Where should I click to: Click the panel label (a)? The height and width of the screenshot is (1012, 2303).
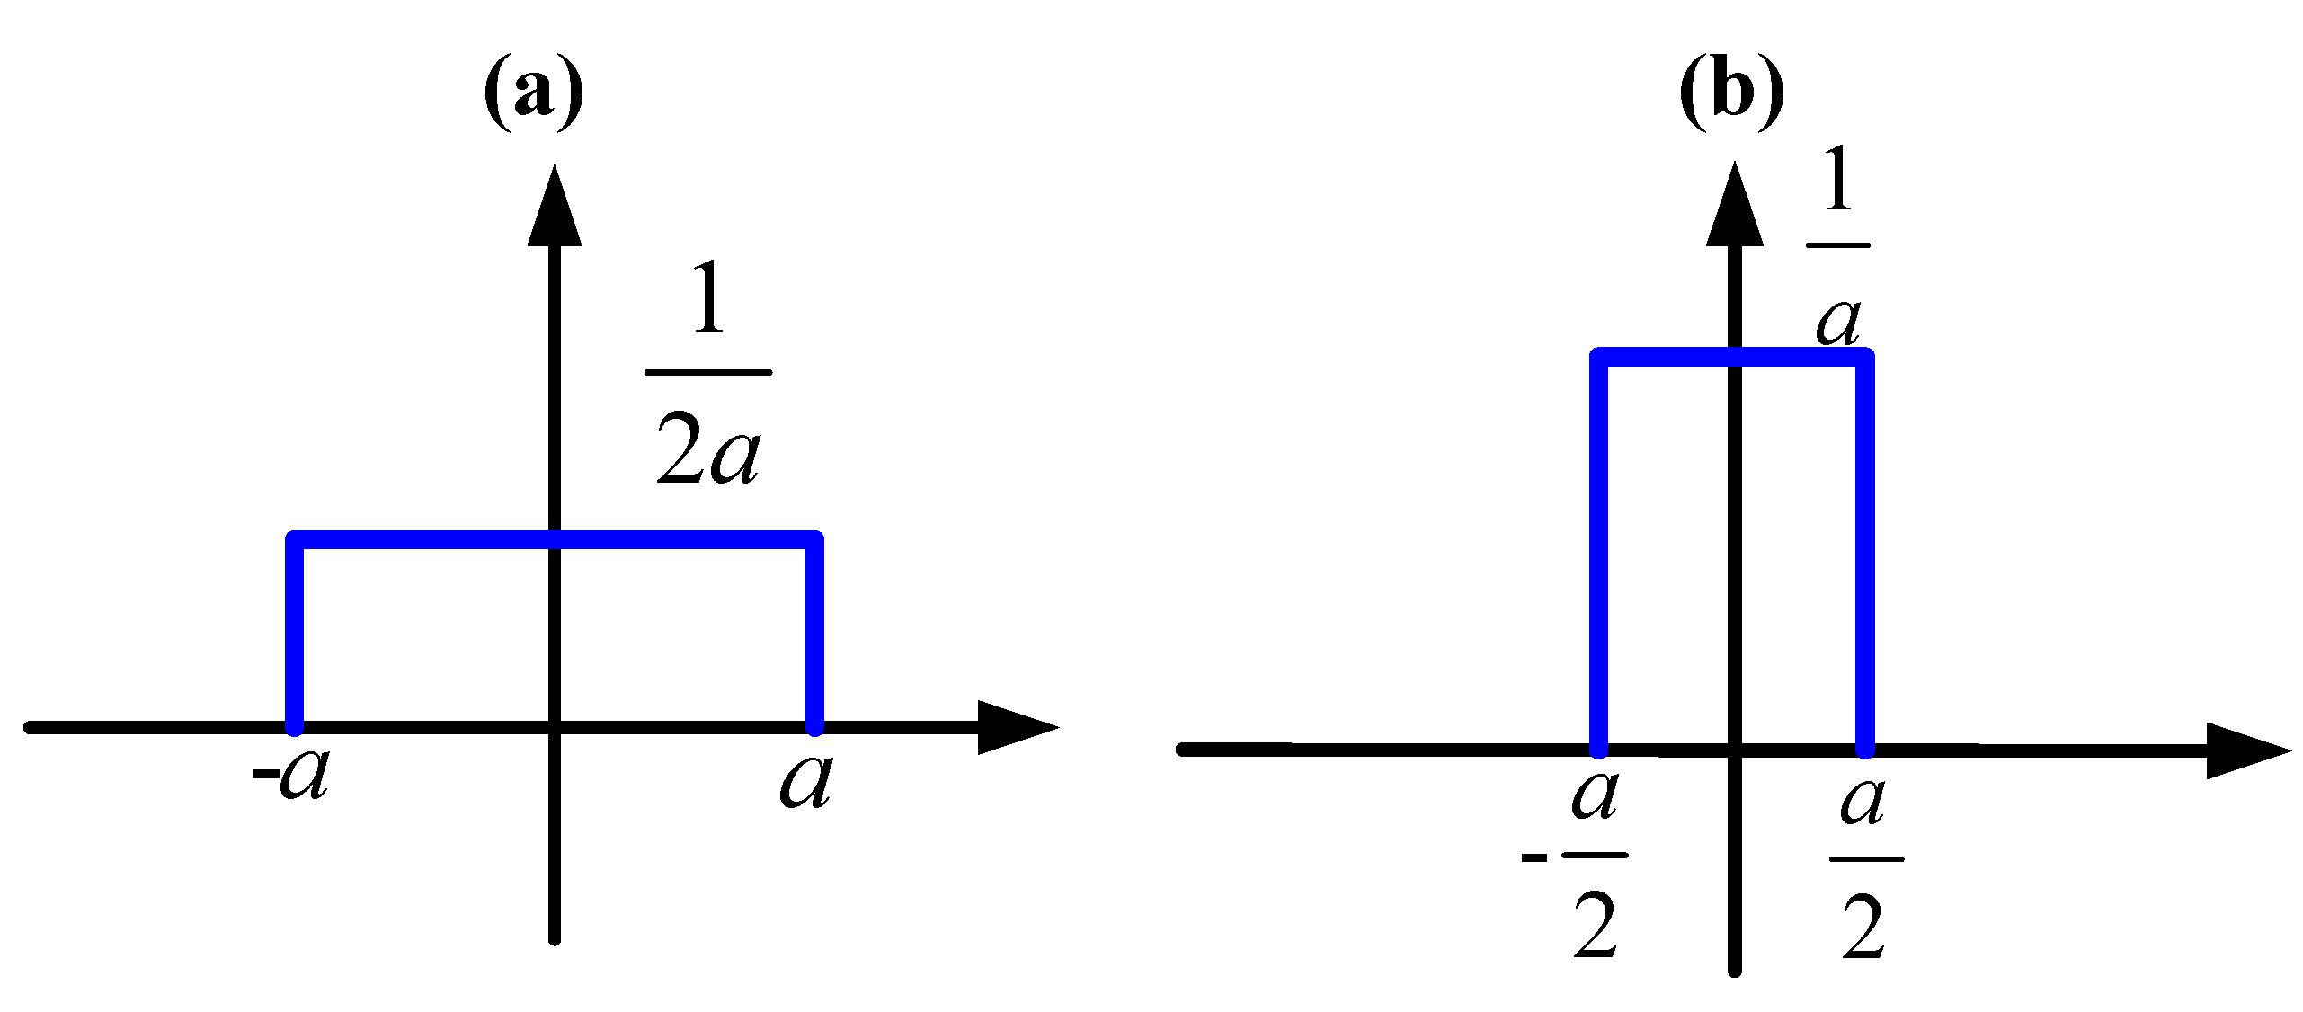tap(534, 93)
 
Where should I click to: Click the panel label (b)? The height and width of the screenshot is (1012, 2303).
tap(1731, 93)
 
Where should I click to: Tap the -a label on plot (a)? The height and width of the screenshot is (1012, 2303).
tap(291, 775)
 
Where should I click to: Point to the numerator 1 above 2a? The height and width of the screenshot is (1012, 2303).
tap(709, 297)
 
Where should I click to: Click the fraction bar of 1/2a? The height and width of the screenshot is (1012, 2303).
tap(708, 371)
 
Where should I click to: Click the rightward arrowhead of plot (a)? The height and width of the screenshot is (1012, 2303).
tap(1016, 727)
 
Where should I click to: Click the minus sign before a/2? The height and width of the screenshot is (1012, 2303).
tap(1534, 857)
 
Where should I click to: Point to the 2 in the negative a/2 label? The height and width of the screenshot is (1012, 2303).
tap(1596, 927)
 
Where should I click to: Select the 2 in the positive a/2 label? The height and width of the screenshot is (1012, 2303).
tap(1863, 929)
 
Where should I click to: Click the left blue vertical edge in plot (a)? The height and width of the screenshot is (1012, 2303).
tap(294, 634)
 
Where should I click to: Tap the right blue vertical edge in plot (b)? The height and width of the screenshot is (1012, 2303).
tap(1865, 553)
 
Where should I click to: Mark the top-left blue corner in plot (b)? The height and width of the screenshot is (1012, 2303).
tap(1599, 358)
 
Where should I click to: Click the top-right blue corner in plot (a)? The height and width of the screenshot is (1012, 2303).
tap(814, 540)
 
